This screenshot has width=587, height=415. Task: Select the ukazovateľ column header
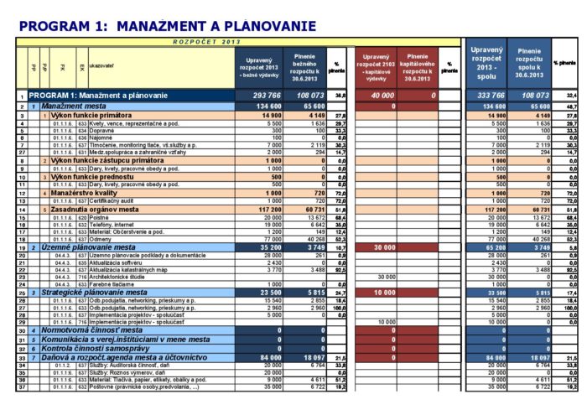[101, 64]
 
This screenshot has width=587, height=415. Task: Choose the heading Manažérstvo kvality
[92, 193]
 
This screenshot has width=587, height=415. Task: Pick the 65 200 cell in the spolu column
[491, 248]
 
